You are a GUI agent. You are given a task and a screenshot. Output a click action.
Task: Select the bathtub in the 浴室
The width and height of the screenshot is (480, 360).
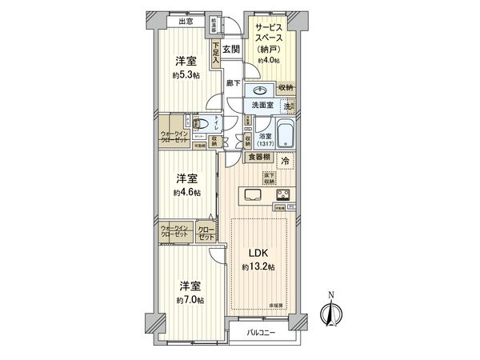[x=285, y=131]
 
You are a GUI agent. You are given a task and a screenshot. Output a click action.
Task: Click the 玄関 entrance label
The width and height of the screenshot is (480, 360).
[x=231, y=50]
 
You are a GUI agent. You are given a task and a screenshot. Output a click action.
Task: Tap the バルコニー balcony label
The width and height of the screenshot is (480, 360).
[x=261, y=332]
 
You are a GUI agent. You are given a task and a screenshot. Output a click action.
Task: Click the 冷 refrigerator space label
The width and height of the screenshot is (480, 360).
[x=286, y=161]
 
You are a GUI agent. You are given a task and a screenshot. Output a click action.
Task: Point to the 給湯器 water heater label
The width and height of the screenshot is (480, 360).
[x=215, y=26]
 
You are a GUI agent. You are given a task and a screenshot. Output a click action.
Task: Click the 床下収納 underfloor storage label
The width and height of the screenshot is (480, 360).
[x=270, y=178]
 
